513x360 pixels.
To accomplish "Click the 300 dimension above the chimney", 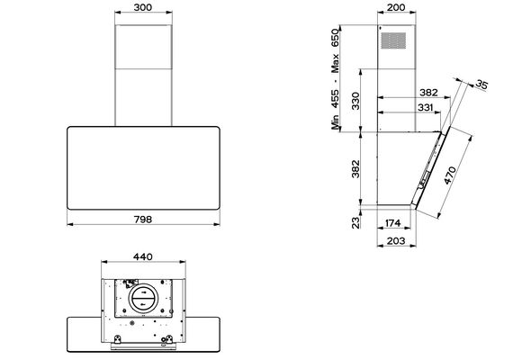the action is click(143, 7).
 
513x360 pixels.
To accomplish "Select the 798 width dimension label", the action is click(143, 220).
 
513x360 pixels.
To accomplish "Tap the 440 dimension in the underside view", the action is click(143, 256).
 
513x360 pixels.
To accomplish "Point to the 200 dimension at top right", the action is click(396, 7).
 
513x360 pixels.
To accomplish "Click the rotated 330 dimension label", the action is click(355, 101).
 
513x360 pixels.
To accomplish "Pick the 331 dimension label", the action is click(426, 107).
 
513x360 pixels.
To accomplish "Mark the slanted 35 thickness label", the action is click(481, 85).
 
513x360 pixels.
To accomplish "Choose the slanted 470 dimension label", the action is click(450, 175).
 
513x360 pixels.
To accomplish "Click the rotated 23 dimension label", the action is click(355, 222).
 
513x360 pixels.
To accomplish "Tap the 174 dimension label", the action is click(392, 223).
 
